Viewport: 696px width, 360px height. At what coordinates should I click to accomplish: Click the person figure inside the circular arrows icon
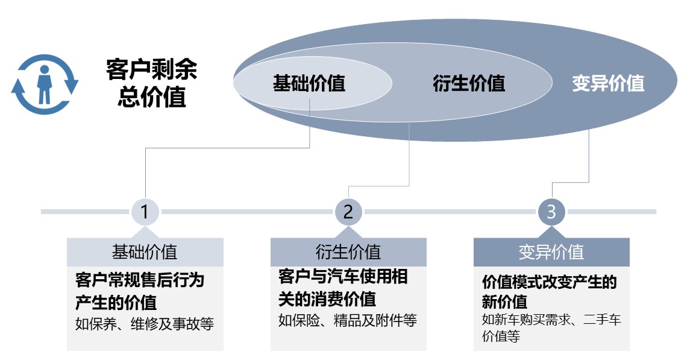point(44,84)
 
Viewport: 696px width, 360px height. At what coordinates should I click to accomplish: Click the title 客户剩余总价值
point(151,83)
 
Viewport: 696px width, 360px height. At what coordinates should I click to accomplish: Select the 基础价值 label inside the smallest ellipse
point(309,83)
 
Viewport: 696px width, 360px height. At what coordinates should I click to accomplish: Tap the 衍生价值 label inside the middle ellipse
point(469,83)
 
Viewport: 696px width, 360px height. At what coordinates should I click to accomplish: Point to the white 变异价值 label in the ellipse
point(608,83)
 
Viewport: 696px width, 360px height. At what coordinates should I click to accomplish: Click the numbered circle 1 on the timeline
point(145,212)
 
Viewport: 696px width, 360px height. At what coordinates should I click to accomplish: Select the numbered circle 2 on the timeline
point(348,212)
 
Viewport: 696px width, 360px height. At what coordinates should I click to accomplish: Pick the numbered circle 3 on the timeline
point(551,212)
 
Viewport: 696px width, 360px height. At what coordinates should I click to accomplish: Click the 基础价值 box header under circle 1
point(145,252)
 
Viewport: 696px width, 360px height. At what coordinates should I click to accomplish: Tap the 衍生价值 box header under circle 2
point(348,252)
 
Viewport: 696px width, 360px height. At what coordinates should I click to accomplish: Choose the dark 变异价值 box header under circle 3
point(551,252)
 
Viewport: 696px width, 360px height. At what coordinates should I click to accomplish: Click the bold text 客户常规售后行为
point(140,280)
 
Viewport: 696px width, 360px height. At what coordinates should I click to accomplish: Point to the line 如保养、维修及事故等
point(145,324)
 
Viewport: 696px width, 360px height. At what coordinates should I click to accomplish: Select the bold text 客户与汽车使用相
point(343,276)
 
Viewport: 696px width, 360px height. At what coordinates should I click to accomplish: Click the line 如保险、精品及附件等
point(348,320)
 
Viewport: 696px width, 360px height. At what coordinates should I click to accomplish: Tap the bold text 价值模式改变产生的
point(550,282)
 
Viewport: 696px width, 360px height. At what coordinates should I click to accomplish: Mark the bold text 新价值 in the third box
point(505,302)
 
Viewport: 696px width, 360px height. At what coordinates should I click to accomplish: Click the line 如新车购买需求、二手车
point(551,319)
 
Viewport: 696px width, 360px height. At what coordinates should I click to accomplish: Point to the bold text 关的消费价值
point(327,298)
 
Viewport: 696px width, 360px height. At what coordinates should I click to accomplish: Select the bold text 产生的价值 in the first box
point(116,302)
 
